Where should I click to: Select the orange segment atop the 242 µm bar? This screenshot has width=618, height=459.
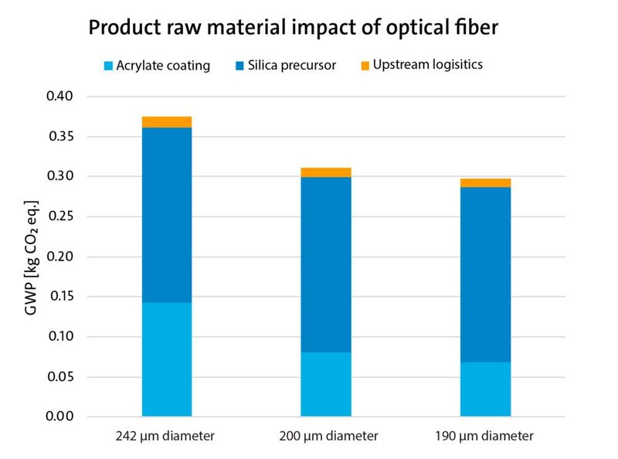(167, 122)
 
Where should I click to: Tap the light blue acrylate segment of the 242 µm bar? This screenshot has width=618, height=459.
(167, 359)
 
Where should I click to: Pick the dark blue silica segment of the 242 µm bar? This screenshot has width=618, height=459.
(167, 215)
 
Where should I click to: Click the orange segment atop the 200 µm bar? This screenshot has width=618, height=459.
(326, 172)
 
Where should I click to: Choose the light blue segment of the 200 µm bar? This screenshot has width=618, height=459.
(326, 384)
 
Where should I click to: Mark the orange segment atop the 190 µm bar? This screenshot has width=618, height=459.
(485, 183)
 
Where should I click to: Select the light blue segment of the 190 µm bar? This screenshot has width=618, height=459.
(485, 389)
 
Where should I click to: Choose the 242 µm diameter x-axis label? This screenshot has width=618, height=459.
(167, 437)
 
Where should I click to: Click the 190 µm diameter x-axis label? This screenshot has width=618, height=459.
(485, 437)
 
